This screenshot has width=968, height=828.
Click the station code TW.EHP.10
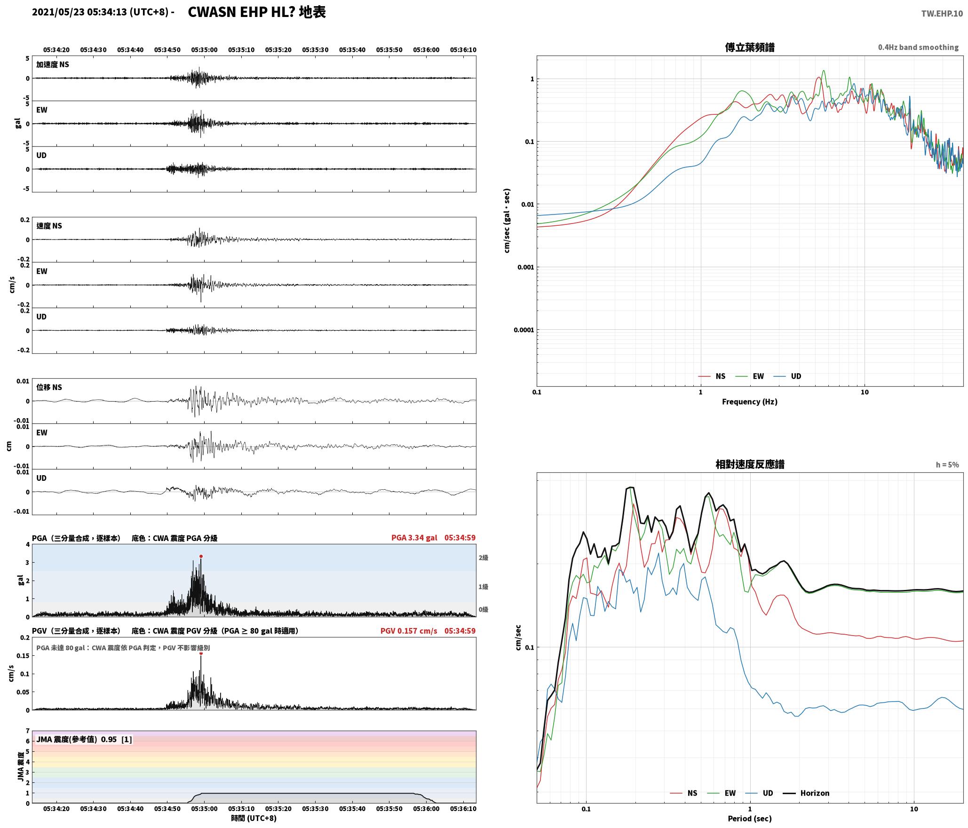point(942,14)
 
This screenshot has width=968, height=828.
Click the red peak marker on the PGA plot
point(201,556)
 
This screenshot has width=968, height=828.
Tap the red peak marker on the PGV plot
point(201,653)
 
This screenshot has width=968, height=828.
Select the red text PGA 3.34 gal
point(414,538)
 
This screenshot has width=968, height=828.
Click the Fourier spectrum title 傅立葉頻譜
point(750,48)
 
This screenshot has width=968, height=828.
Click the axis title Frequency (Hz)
point(750,402)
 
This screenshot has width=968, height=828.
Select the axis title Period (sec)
point(750,819)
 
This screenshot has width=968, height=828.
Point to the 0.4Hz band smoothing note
point(918,48)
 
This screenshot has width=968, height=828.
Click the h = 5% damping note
point(947,465)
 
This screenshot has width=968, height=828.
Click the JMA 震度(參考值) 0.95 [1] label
point(84,740)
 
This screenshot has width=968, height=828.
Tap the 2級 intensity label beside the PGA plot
point(483,558)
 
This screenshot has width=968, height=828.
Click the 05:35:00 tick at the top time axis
point(204,50)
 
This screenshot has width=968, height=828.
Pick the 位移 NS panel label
point(49,388)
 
